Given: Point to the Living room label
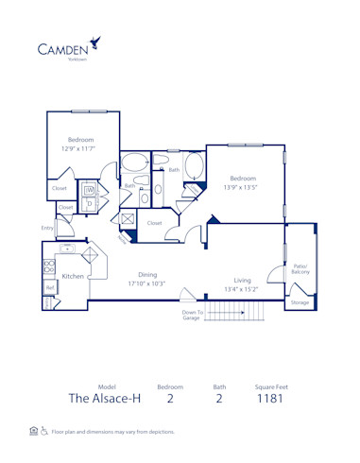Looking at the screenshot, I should (243, 280).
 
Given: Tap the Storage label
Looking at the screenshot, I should (300, 302).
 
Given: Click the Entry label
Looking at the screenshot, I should (47, 228).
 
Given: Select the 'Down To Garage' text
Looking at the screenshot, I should (192, 315).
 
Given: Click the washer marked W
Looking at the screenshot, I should (90, 189).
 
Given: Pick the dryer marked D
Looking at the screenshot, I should (89, 202).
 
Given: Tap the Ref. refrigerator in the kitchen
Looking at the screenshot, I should (49, 287).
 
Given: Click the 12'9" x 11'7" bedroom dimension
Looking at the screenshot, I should (80, 148).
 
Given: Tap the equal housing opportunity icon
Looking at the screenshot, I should (34, 430).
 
